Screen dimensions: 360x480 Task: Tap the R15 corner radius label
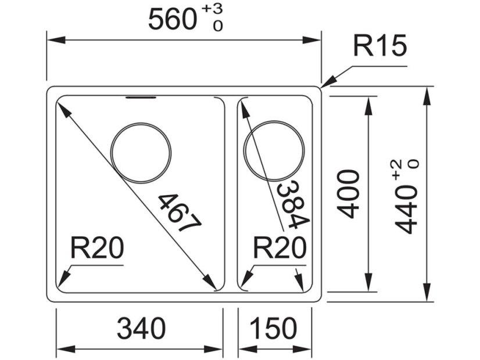point(381,46)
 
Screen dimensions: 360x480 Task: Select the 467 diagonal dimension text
point(179,212)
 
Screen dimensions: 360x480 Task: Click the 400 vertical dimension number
point(349,193)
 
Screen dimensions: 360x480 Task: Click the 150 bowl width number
point(274,329)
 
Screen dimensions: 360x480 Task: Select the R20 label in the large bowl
point(97,250)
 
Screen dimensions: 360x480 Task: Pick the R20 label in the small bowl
point(280,250)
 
